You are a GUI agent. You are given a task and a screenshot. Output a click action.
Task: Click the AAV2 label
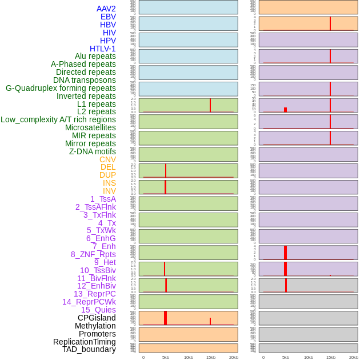[x=106, y=9]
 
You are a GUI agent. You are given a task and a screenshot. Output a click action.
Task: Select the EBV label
[x=108, y=17]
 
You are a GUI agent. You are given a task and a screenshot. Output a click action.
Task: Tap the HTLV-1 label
[x=102, y=49]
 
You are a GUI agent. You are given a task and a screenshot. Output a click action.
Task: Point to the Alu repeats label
[x=95, y=56]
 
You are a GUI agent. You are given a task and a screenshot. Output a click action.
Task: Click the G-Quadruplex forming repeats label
[x=61, y=88]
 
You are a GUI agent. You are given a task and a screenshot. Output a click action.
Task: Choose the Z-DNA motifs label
[x=93, y=151]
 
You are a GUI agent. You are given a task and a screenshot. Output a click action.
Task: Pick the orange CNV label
[x=107, y=159]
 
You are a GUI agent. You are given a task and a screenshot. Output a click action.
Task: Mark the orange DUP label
[x=107, y=175]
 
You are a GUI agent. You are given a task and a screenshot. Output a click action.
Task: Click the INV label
[x=109, y=191]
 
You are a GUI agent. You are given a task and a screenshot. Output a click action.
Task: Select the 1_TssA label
[x=103, y=199]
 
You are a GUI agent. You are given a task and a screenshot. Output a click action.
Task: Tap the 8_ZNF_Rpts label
[x=93, y=254]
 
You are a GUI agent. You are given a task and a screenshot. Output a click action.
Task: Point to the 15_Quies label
[x=98, y=310]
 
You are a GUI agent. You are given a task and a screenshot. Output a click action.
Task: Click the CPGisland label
[x=97, y=318]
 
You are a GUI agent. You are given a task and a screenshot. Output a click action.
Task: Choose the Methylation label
[x=95, y=326]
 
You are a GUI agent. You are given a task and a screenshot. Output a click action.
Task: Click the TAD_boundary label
[x=89, y=349]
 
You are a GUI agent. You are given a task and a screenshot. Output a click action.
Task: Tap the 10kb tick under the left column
[x=188, y=357]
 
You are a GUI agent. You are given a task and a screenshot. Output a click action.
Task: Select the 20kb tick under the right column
[x=354, y=357]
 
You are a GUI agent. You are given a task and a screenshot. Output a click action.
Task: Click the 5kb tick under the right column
[x=286, y=357]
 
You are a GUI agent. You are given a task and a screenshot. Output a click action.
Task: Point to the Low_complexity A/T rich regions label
[x=58, y=119]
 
